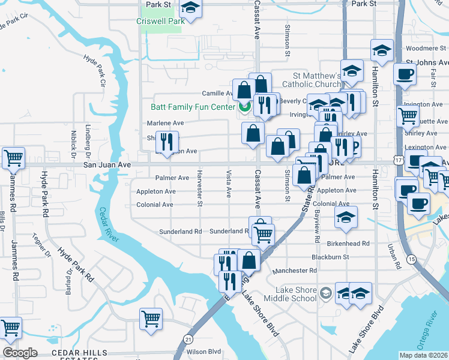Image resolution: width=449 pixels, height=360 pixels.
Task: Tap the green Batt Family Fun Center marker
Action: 244,107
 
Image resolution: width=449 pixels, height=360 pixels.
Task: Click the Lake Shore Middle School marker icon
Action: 325,293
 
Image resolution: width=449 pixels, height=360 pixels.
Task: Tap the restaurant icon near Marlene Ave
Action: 166,142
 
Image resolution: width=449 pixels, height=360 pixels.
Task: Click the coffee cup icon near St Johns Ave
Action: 405,74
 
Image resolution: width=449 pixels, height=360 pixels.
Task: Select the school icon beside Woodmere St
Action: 382,51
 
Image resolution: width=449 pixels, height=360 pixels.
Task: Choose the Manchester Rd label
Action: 294,271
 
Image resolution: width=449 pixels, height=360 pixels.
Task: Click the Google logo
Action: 20,353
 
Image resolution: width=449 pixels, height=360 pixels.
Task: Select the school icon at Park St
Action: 191,8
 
